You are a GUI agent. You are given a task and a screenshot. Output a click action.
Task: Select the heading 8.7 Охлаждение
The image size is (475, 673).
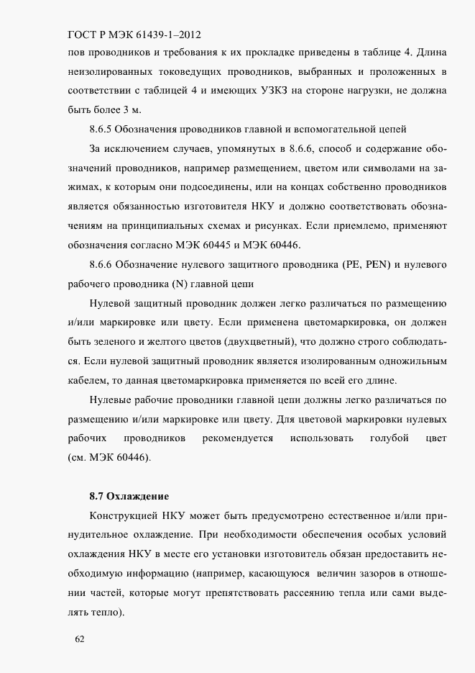tap(129, 496)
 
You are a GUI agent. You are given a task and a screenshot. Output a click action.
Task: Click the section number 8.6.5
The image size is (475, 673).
tap(104, 130)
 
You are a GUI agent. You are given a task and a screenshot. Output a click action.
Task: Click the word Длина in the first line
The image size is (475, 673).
tap(430, 53)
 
